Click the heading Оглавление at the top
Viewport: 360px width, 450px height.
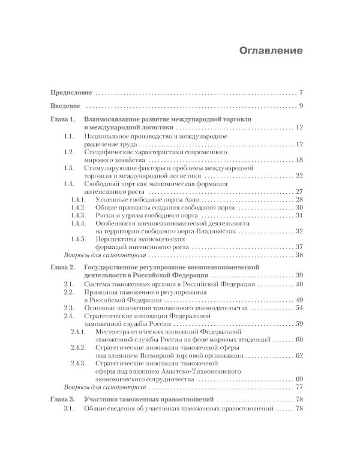(269, 49)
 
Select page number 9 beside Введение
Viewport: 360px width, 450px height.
(302, 106)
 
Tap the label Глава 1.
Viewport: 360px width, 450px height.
(62, 120)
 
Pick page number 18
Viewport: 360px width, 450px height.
(299, 160)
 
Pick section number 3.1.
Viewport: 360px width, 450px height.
(69, 426)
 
